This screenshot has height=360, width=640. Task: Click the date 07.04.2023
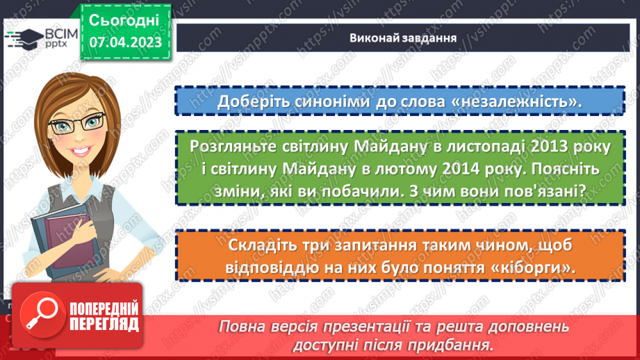coord(125,43)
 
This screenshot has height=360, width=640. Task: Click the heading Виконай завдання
coord(403,38)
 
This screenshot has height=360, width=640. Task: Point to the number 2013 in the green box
coord(525,147)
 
